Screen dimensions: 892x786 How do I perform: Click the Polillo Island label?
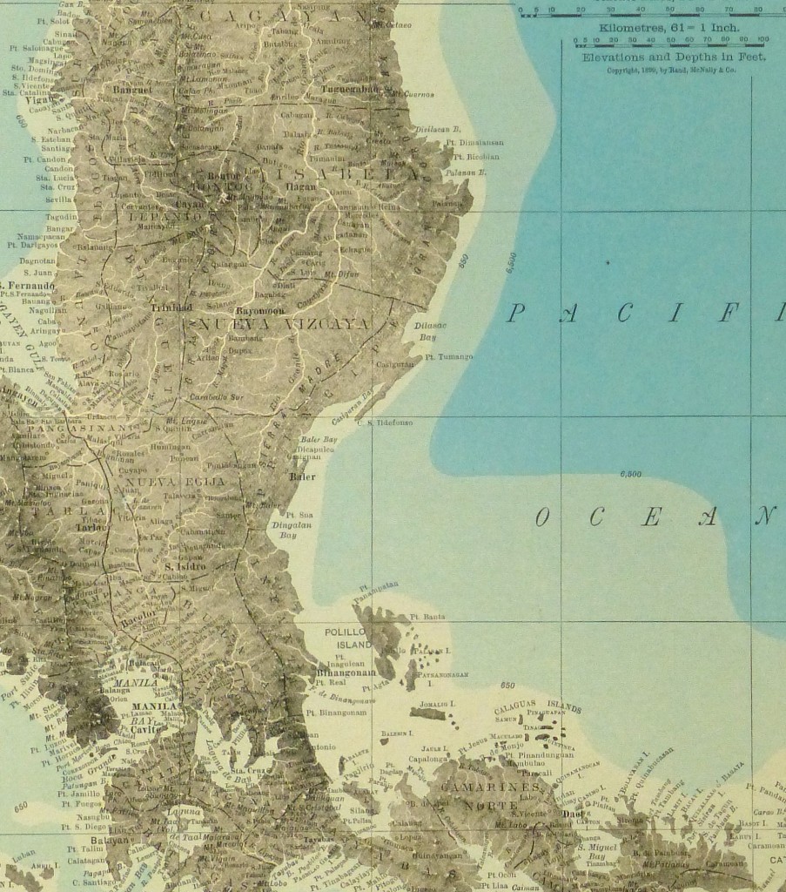click(347, 639)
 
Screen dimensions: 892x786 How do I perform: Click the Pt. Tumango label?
click(449, 357)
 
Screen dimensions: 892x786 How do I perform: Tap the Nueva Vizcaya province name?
click(285, 324)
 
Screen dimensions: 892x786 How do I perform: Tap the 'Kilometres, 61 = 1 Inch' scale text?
click(663, 28)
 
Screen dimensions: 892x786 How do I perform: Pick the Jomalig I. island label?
click(439, 703)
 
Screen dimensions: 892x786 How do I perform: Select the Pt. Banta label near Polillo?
click(432, 617)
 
